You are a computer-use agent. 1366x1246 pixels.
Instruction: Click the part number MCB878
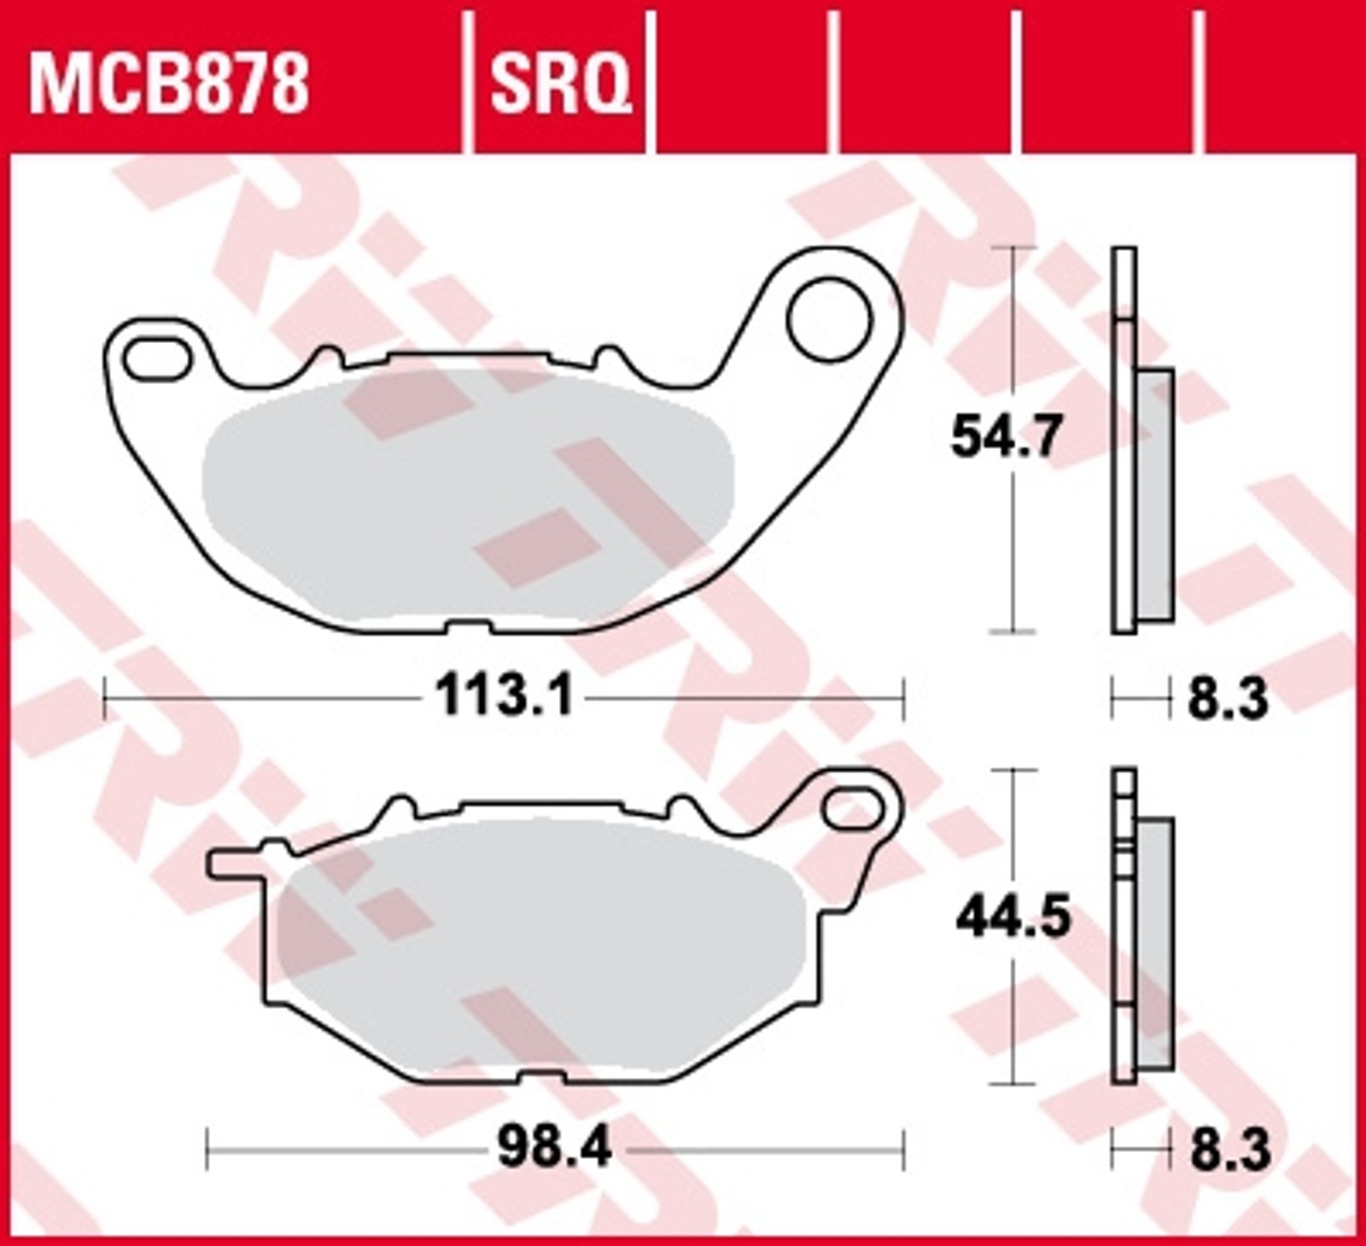click(169, 85)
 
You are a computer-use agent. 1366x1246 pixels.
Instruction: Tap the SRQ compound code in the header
click(560, 86)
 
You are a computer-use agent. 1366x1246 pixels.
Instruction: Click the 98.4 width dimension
click(555, 1150)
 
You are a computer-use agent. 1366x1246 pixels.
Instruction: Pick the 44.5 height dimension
click(1013, 918)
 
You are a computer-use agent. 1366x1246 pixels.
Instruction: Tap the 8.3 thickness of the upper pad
click(1227, 702)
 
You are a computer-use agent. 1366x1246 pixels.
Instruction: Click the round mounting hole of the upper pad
click(829, 320)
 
